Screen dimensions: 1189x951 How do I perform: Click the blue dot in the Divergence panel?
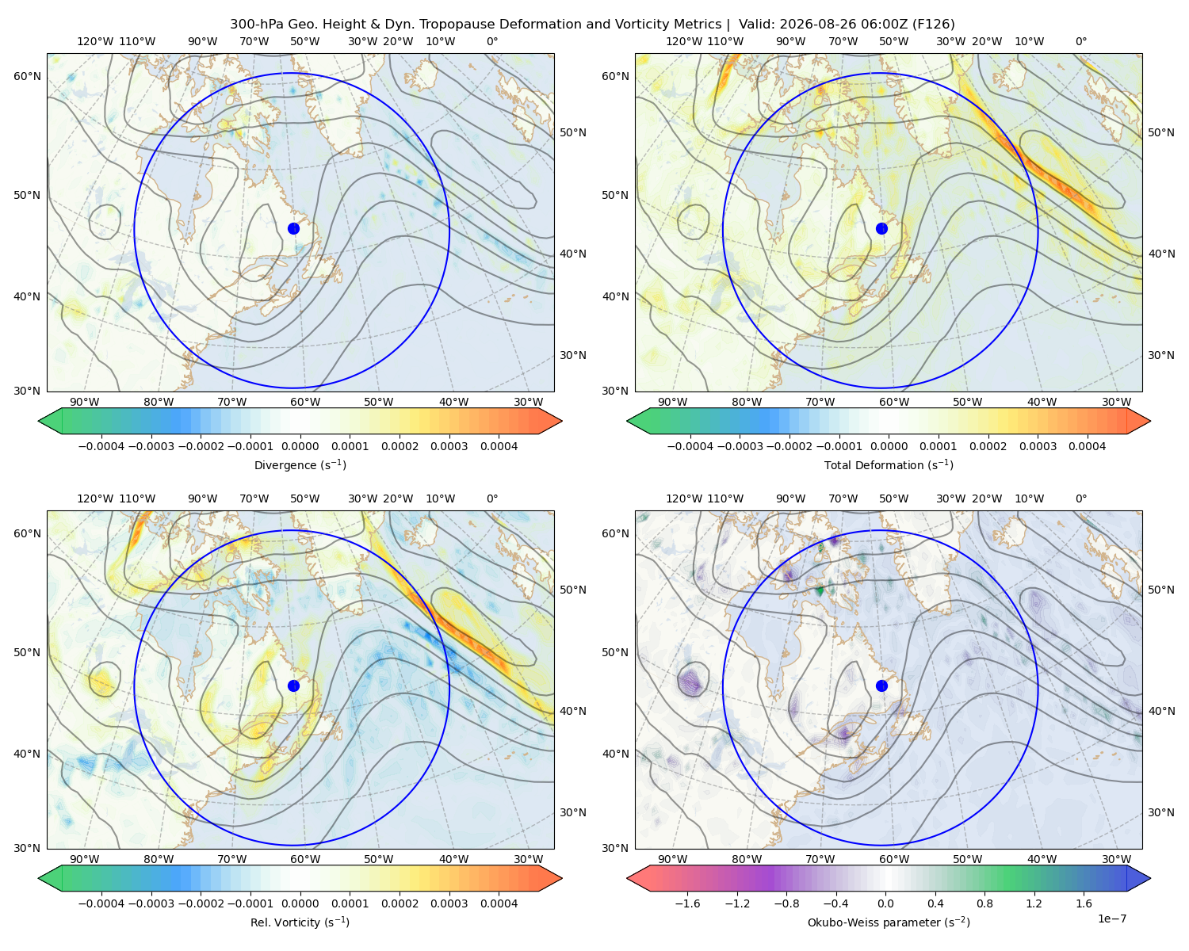[293, 228]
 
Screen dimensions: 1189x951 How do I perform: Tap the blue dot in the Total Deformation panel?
[881, 228]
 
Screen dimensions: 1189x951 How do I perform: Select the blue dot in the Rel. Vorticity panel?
[293, 686]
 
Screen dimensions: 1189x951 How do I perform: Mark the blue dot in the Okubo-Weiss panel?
[881, 686]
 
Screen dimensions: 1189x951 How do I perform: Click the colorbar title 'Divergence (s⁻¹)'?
[300, 464]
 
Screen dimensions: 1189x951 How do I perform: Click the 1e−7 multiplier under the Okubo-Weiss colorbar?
[1111, 919]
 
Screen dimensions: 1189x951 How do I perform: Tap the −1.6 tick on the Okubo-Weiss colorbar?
[687, 903]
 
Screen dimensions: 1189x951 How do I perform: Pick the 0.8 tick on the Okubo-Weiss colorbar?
[984, 903]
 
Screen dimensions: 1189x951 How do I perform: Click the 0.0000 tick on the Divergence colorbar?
[300, 446]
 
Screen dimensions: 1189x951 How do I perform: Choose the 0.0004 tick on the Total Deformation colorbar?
[1088, 446]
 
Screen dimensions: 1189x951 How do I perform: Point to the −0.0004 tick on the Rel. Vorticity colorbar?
[101, 903]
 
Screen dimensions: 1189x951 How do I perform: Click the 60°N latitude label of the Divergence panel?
[27, 76]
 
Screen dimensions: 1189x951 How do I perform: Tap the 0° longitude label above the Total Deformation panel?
[1081, 41]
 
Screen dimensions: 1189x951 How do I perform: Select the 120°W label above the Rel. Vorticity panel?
[95, 498]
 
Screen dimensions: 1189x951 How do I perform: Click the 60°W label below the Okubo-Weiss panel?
[894, 859]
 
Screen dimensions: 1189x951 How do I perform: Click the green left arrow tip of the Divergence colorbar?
[39, 421]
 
